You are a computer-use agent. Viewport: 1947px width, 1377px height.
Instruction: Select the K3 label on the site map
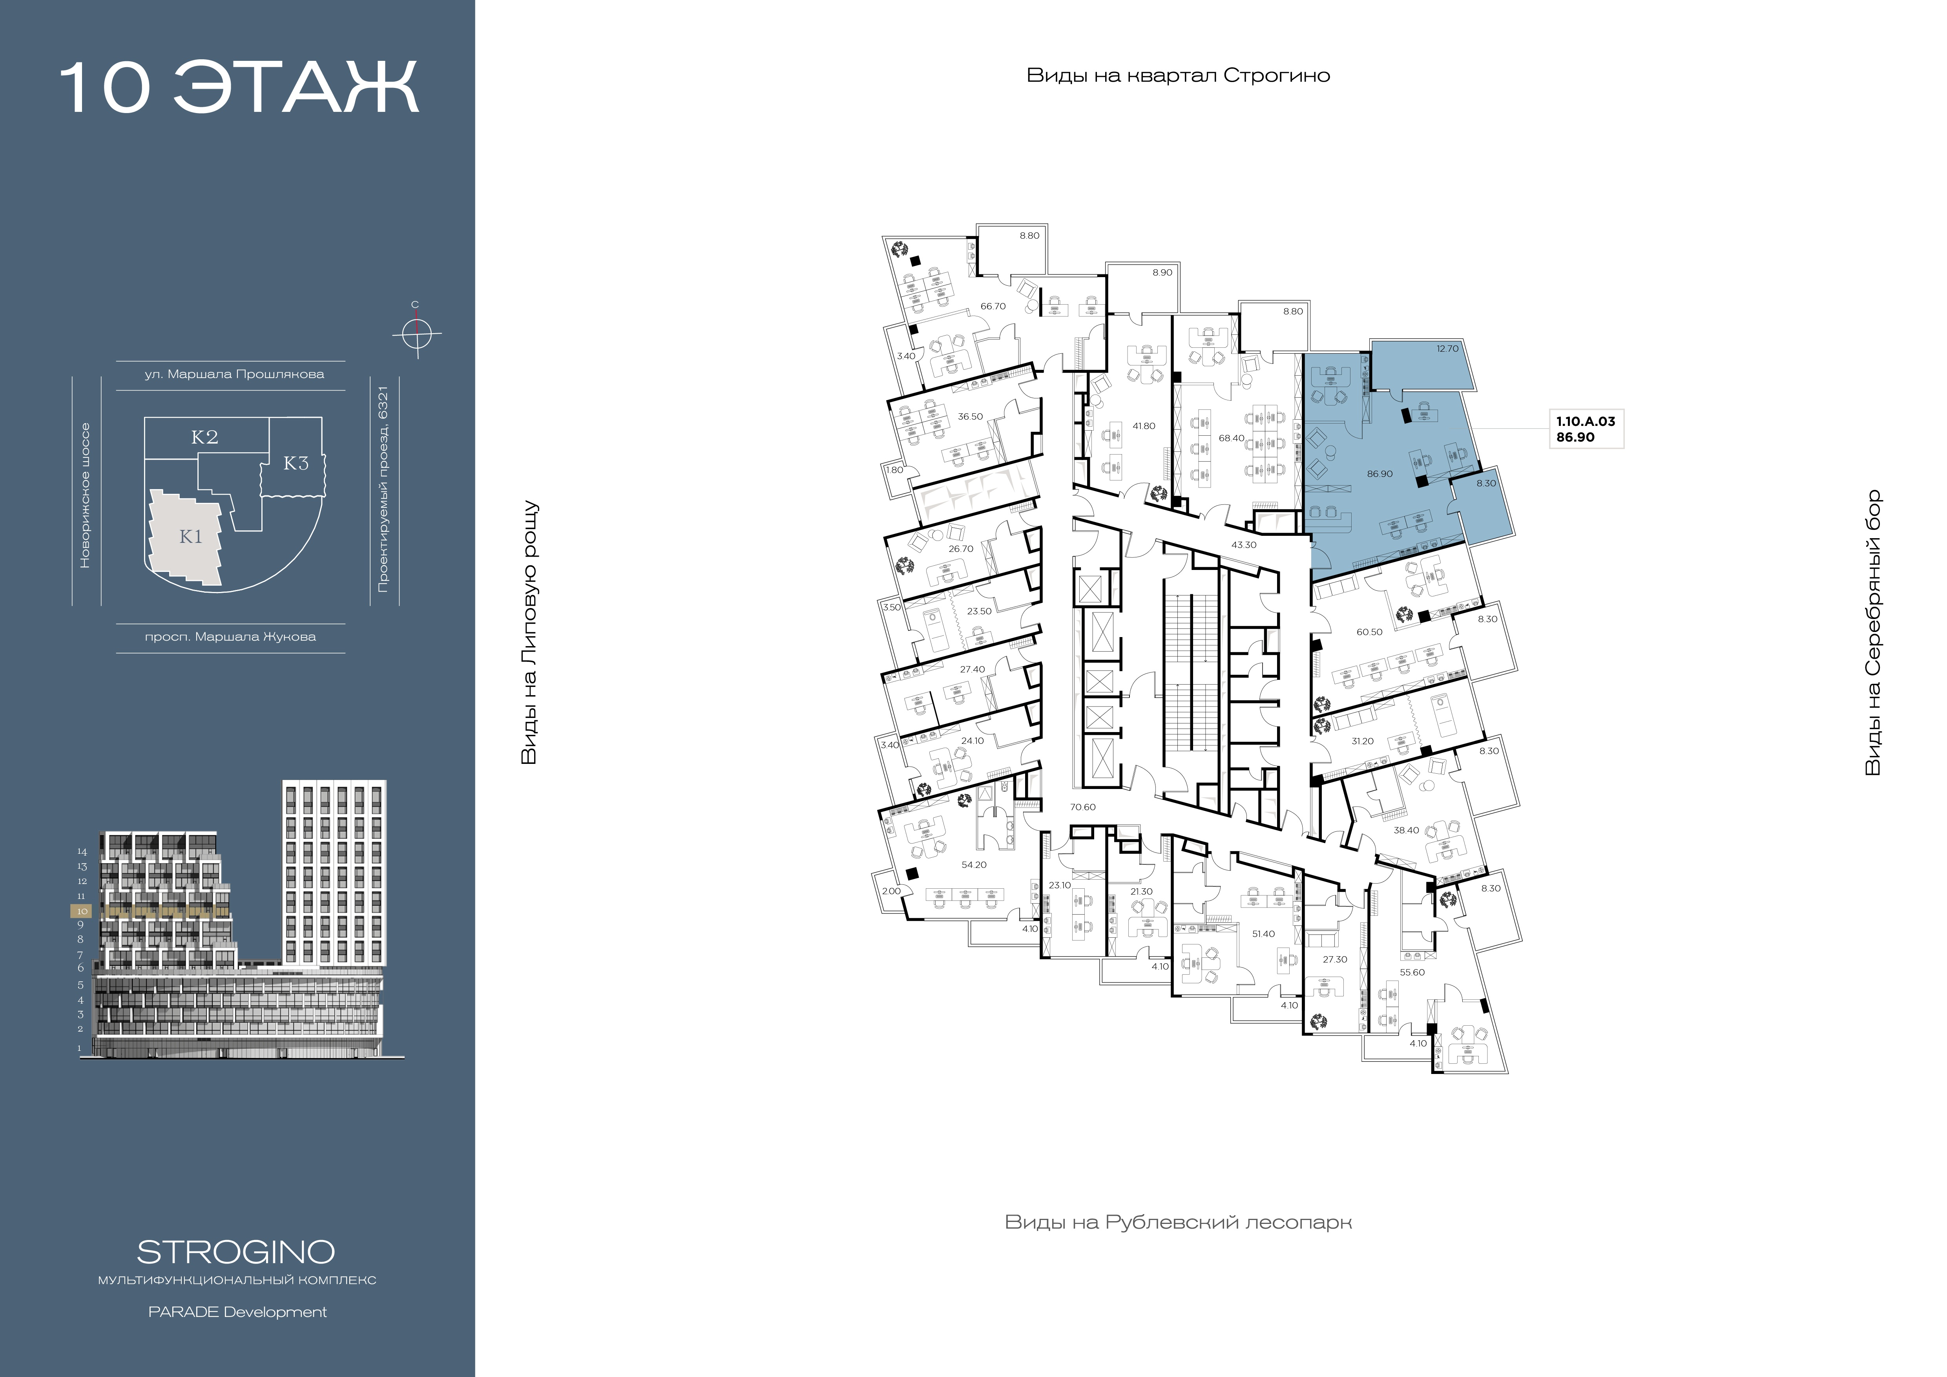tap(296, 463)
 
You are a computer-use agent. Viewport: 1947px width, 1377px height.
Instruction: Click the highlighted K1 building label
tap(191, 537)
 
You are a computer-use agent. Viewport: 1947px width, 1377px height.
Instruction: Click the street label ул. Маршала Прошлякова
tap(234, 374)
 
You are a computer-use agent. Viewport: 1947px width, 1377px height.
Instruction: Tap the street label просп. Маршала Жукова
tap(231, 637)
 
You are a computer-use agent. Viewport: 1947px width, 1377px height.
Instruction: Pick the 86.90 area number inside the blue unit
tap(1380, 474)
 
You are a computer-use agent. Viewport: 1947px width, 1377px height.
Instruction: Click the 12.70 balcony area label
tap(1447, 349)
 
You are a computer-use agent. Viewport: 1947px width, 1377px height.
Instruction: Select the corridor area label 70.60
tap(1083, 807)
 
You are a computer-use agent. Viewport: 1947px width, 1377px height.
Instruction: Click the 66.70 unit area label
tap(993, 306)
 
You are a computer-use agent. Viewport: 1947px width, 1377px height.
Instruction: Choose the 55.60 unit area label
tap(1412, 973)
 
